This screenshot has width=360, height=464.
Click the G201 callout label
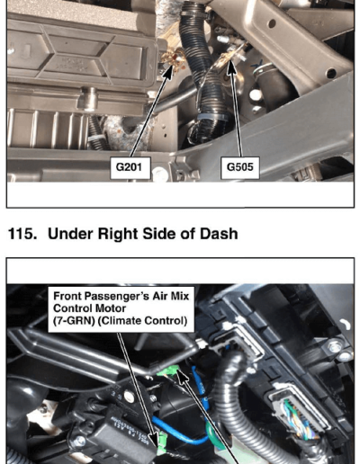point(130,167)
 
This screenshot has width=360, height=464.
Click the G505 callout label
point(239,167)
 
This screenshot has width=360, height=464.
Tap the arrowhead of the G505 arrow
point(231,67)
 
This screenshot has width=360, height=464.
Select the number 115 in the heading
point(20,234)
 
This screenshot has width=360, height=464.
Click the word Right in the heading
point(118,234)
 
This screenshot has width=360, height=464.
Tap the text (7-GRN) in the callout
point(74,321)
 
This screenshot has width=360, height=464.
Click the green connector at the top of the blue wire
point(168,371)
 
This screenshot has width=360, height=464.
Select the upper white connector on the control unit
point(240,340)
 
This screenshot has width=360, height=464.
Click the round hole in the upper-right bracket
point(272,23)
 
